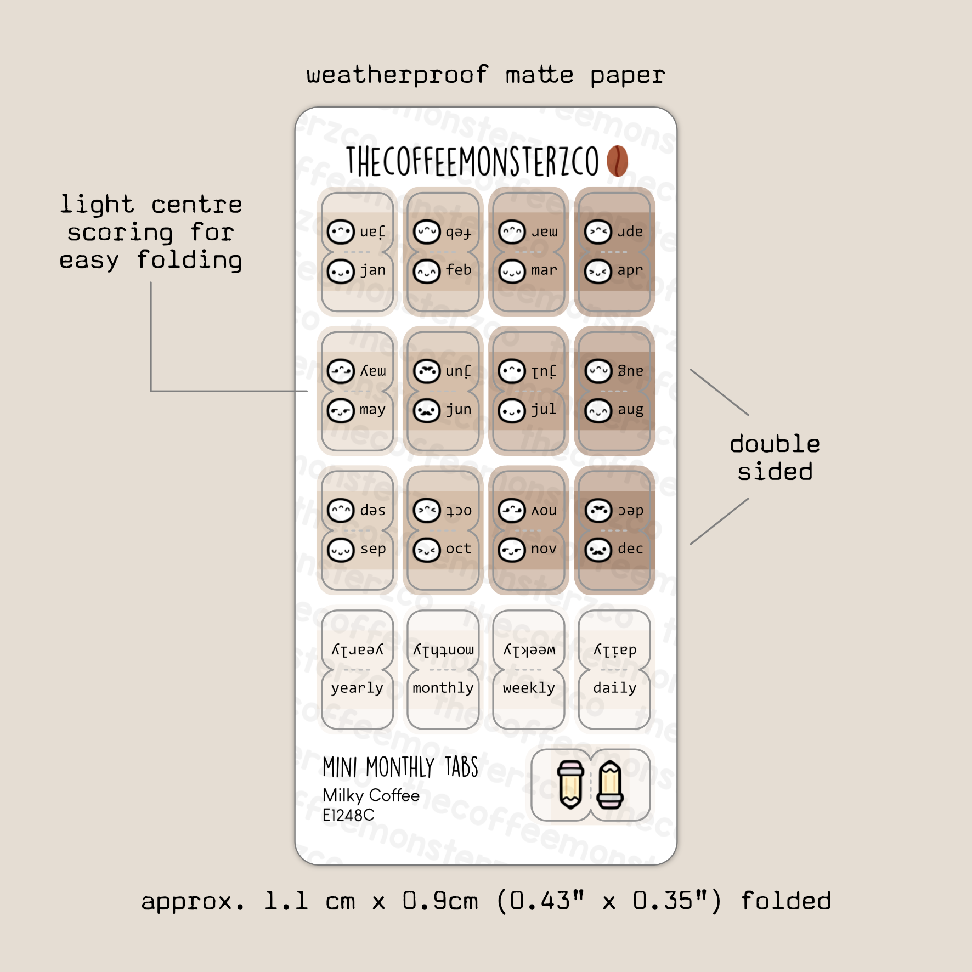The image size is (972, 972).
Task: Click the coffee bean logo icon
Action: tap(617, 161)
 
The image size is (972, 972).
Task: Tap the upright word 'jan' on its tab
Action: tap(373, 270)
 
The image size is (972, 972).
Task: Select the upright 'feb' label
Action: tap(459, 270)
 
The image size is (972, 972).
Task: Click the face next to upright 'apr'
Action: tap(598, 271)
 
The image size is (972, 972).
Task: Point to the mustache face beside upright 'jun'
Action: tap(427, 410)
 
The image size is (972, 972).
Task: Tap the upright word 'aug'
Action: tap(630, 409)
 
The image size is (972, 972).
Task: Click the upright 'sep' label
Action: tap(373, 549)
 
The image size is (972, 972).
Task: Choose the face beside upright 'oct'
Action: tap(427, 550)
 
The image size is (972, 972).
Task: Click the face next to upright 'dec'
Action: tap(598, 550)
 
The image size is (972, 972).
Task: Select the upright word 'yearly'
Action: tap(357, 688)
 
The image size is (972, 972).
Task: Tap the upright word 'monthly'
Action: tap(443, 688)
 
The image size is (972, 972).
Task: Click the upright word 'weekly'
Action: tap(529, 688)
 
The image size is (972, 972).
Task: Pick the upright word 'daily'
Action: tap(614, 688)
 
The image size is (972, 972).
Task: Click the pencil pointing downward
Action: tap(570, 785)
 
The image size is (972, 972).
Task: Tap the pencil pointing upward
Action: tap(610, 785)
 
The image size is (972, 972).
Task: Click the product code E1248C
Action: tap(348, 816)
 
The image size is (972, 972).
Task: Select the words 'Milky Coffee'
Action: tap(371, 795)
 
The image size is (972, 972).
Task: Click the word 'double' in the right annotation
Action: tap(775, 444)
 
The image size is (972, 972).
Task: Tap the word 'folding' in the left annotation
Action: tap(189, 260)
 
